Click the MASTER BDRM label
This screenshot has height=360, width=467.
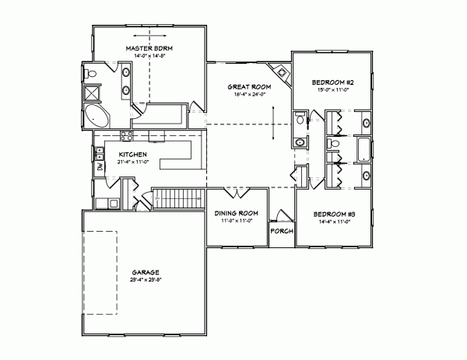click(149, 48)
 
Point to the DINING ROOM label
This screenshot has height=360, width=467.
click(237, 214)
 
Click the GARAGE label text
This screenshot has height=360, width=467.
click(146, 271)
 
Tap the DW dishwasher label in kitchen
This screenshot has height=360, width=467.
click(100, 166)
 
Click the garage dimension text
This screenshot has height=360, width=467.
click(146, 278)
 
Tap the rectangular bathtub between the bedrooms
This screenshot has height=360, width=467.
click(364, 148)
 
